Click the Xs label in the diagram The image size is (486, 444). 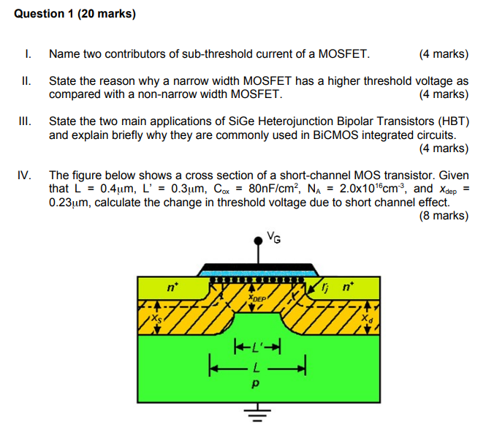(155, 319)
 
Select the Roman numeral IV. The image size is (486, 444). (25, 176)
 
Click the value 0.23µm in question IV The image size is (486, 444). (69, 203)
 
